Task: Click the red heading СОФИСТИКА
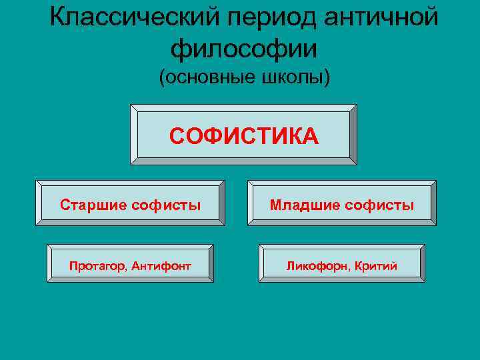pyautogui.click(x=243, y=136)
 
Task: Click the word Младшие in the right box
pyautogui.click(x=305, y=205)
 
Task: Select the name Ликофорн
pyautogui.click(x=313, y=266)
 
